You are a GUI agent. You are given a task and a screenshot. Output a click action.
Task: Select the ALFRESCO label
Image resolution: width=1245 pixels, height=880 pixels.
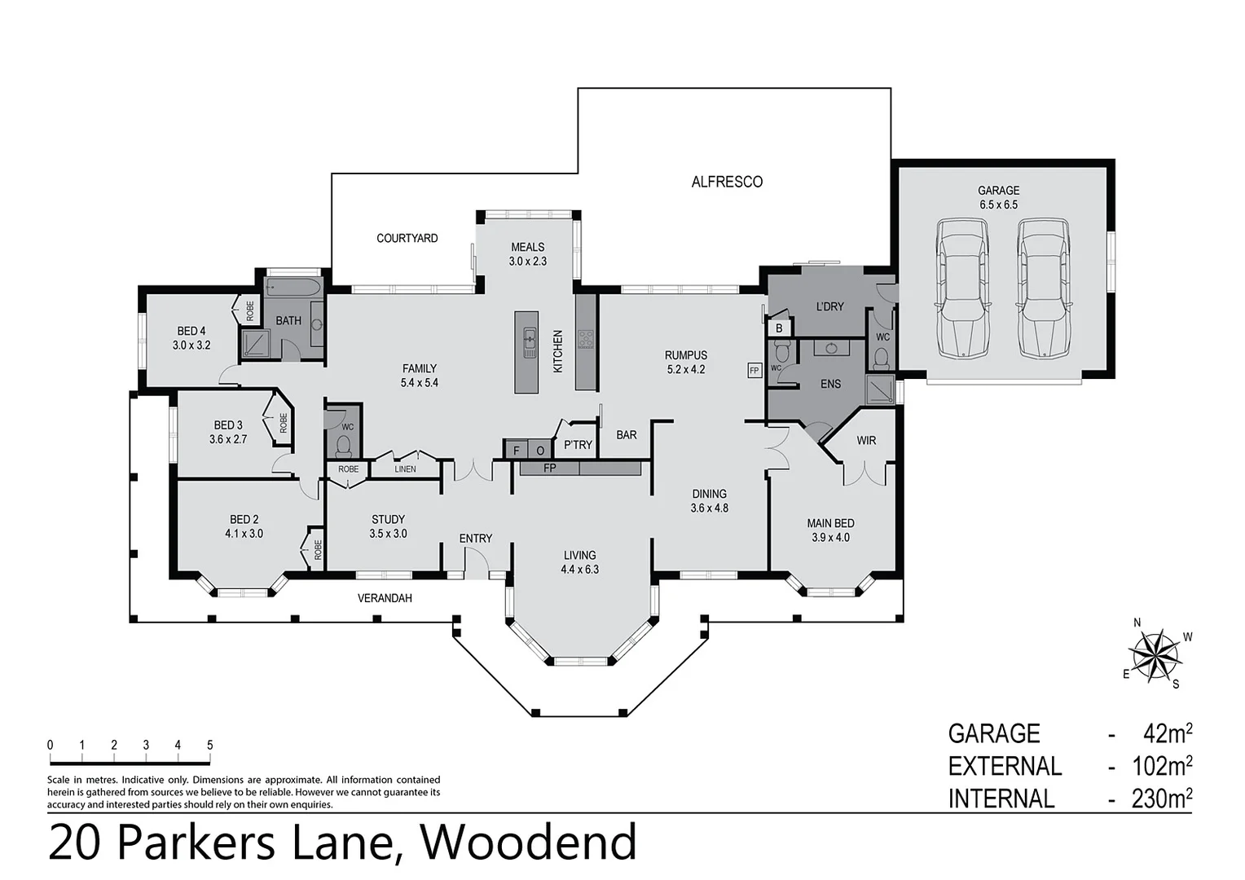[x=727, y=182]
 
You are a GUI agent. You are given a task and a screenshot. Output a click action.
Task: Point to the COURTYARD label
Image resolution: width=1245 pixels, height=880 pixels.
[x=407, y=238]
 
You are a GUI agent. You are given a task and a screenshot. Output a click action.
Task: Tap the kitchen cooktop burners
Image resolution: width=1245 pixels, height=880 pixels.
[x=586, y=338]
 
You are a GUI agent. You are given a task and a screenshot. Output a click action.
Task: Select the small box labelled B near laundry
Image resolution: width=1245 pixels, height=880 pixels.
[x=779, y=328]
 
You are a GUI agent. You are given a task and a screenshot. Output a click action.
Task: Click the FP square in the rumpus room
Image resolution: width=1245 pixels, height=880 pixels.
[x=754, y=370]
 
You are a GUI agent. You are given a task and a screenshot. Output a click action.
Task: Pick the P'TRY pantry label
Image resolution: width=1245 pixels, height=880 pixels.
[x=578, y=445]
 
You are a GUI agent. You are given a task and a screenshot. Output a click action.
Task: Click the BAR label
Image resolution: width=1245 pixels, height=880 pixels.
[x=627, y=435]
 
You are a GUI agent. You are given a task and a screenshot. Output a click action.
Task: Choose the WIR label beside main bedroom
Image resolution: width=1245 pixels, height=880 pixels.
[x=866, y=440]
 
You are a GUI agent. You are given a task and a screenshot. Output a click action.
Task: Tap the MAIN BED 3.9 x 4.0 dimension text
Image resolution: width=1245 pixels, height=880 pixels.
[x=830, y=538]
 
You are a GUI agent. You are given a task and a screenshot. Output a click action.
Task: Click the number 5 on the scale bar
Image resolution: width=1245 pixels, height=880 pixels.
[x=209, y=745]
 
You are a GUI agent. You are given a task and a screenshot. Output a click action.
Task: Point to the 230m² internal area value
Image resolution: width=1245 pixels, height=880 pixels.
[x=1162, y=799]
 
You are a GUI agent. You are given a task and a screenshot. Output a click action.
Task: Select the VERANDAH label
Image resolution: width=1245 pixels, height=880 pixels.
[x=385, y=598]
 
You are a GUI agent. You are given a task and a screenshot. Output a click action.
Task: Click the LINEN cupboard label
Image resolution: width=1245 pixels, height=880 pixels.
[x=405, y=469]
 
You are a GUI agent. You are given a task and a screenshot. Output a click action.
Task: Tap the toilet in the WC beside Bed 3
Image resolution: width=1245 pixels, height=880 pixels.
[x=344, y=445]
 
